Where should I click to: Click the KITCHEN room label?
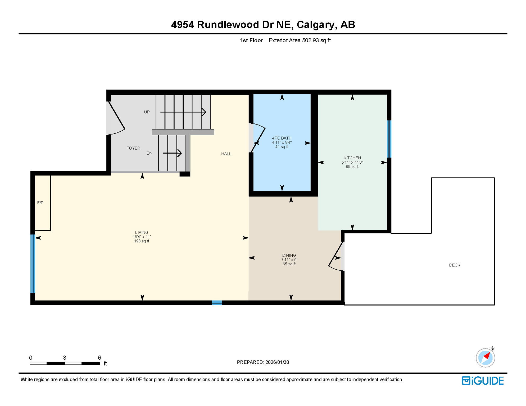352,158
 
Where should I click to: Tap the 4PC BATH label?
282,138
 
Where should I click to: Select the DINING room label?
289,255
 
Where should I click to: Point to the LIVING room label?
142,232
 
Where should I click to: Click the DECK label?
454,265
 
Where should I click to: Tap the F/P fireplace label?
40,203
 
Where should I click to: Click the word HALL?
226,154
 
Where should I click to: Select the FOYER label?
133,148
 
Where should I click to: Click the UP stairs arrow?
183,112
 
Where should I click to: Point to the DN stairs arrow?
172,153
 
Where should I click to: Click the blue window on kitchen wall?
389,139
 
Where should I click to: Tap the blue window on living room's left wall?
33,264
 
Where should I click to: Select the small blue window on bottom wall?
217,303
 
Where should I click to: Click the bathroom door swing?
258,138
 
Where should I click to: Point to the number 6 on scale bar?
99,358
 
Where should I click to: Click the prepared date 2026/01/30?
277,362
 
